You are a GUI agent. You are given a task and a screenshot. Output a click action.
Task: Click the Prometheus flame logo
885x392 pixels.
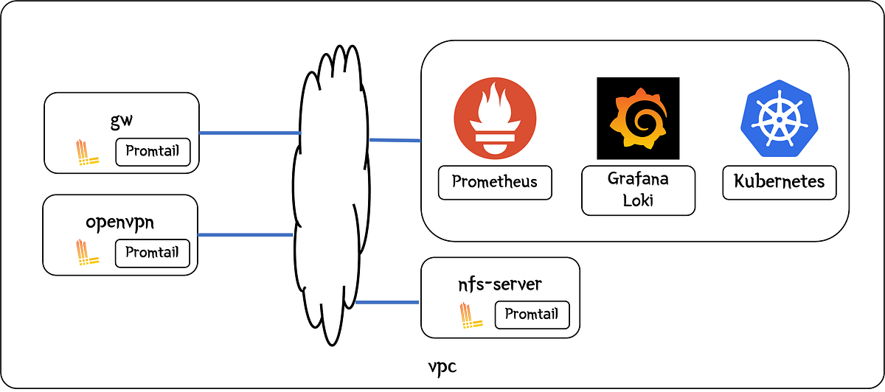tap(495, 118)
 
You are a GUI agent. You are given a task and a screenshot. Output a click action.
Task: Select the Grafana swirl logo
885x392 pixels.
tap(638, 118)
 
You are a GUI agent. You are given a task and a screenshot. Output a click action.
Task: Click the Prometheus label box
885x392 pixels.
tap(495, 182)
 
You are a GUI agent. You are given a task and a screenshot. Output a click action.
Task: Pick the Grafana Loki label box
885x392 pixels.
tap(638, 190)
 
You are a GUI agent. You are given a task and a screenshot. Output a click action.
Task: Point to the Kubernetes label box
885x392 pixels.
tap(780, 182)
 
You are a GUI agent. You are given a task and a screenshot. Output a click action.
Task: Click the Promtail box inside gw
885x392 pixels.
tap(153, 152)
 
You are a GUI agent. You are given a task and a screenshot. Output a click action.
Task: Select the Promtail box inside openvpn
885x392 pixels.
tap(153, 253)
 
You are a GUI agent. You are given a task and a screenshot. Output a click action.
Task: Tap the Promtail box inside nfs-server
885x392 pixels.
tap(537, 315)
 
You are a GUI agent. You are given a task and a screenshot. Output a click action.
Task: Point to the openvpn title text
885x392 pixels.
tap(121, 222)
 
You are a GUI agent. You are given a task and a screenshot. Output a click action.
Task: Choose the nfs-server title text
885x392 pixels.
tap(500, 284)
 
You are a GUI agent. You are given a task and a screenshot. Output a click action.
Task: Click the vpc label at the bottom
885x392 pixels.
tap(442, 366)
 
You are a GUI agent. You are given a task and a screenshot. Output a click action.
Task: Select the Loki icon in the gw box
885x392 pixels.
tap(88, 153)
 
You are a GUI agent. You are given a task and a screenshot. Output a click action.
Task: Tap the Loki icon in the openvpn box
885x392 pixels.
tap(88, 253)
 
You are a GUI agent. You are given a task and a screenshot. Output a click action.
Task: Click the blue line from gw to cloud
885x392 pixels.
tap(249, 133)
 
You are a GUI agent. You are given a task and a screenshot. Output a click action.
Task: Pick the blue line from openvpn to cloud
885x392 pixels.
tap(246, 235)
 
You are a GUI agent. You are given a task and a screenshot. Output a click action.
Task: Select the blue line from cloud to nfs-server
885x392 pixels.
tap(387, 302)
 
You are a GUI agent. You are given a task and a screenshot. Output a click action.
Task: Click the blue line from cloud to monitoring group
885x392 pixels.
tap(395, 140)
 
